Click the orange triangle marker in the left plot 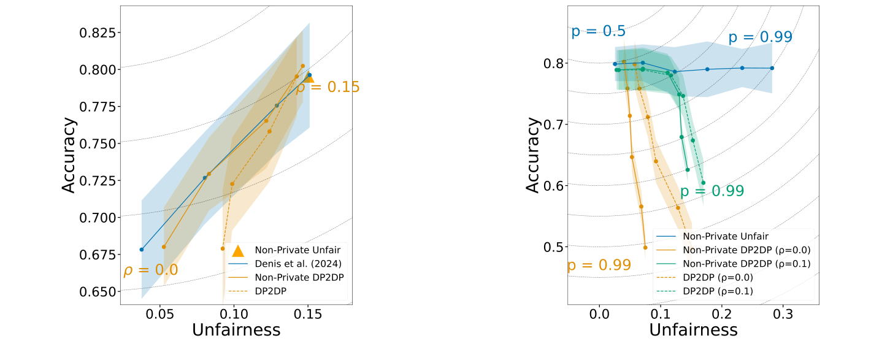coord(309,78)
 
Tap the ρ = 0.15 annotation coord(328,88)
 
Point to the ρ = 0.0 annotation coord(151,270)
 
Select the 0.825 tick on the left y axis coord(98,33)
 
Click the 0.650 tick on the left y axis coord(98,291)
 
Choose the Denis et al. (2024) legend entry coord(289,262)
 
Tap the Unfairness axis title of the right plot coord(693,330)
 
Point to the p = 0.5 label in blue coord(598,31)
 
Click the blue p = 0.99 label coord(760,37)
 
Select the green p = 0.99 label coord(712,191)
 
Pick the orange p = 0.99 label coord(599,266)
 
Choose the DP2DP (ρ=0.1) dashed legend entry coord(718,291)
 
